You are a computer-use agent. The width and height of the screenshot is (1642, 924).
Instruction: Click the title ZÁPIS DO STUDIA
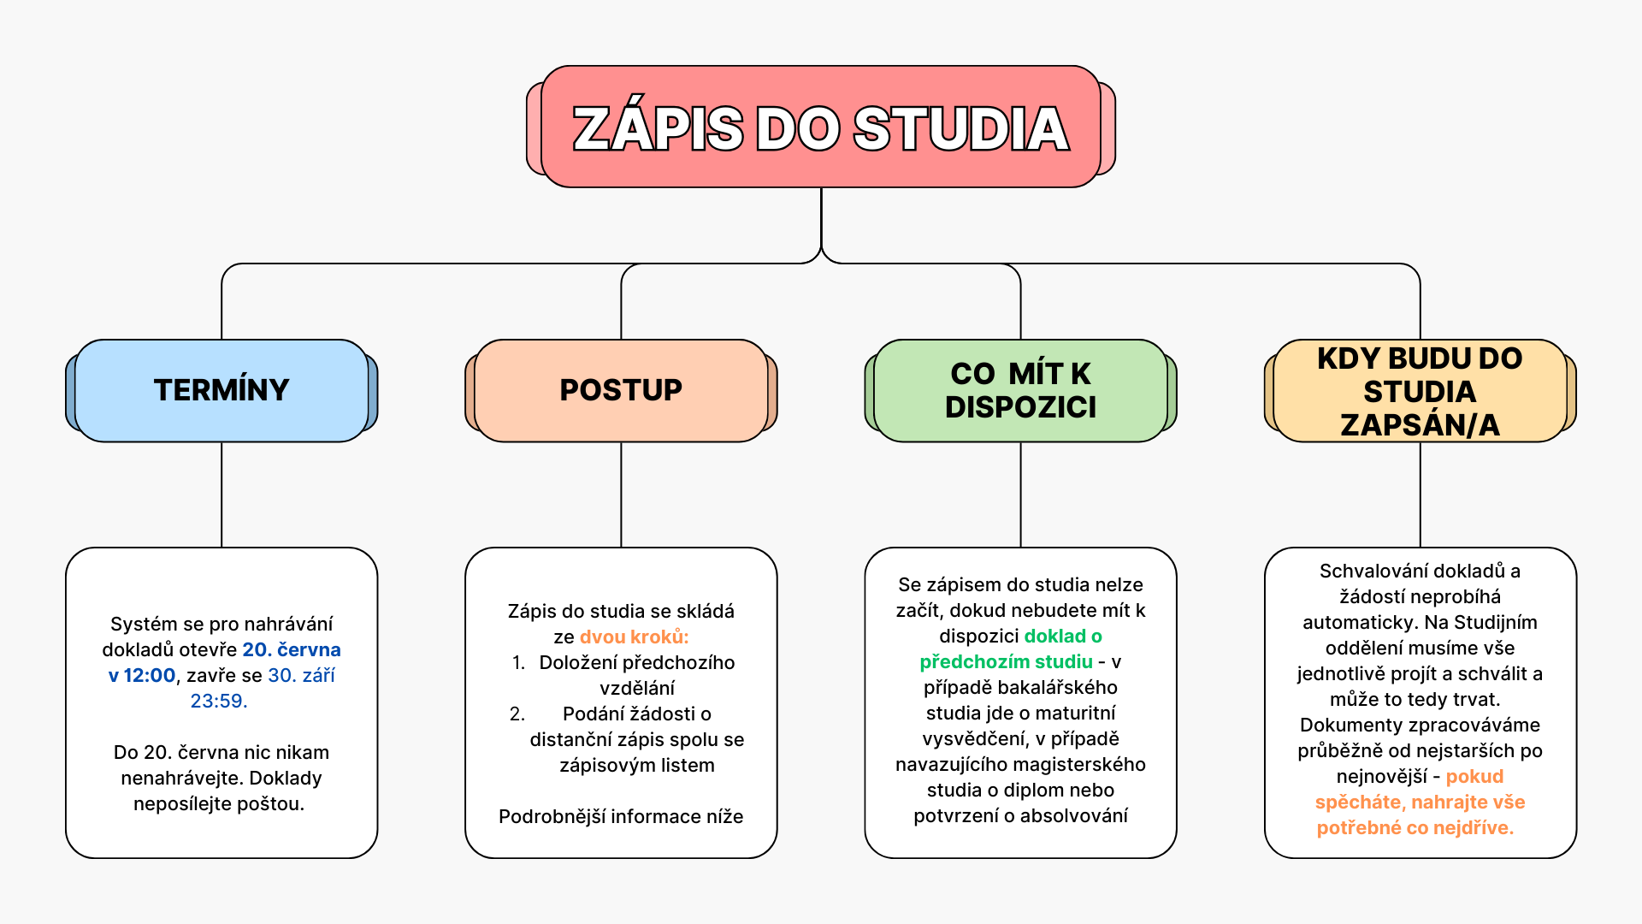(821, 128)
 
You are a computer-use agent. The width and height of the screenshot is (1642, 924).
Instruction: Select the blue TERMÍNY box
(221, 390)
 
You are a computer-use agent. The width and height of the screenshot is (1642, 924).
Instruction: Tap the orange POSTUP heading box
(621, 390)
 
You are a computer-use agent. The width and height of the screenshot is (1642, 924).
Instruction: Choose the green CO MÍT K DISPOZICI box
(1020, 390)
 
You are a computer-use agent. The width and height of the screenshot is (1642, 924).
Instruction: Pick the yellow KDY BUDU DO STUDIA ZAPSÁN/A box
(1420, 390)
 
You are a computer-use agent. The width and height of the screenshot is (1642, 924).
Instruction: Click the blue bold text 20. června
(292, 650)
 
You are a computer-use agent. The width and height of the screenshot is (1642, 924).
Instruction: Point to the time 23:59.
(219, 702)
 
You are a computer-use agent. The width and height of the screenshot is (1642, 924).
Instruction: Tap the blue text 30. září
(302, 676)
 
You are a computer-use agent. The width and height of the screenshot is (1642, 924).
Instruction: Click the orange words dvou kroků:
(634, 637)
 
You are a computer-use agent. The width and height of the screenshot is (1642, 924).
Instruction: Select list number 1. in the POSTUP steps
(518, 663)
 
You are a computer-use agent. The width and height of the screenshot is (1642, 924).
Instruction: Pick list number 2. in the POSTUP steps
(517, 714)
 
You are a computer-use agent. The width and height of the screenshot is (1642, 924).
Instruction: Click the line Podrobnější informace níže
(621, 817)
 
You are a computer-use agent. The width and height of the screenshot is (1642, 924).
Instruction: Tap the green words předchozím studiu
(1006, 662)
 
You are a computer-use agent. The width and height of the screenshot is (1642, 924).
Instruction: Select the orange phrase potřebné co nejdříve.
(1415, 828)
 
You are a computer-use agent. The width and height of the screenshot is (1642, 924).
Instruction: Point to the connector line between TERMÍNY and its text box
(221, 495)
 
